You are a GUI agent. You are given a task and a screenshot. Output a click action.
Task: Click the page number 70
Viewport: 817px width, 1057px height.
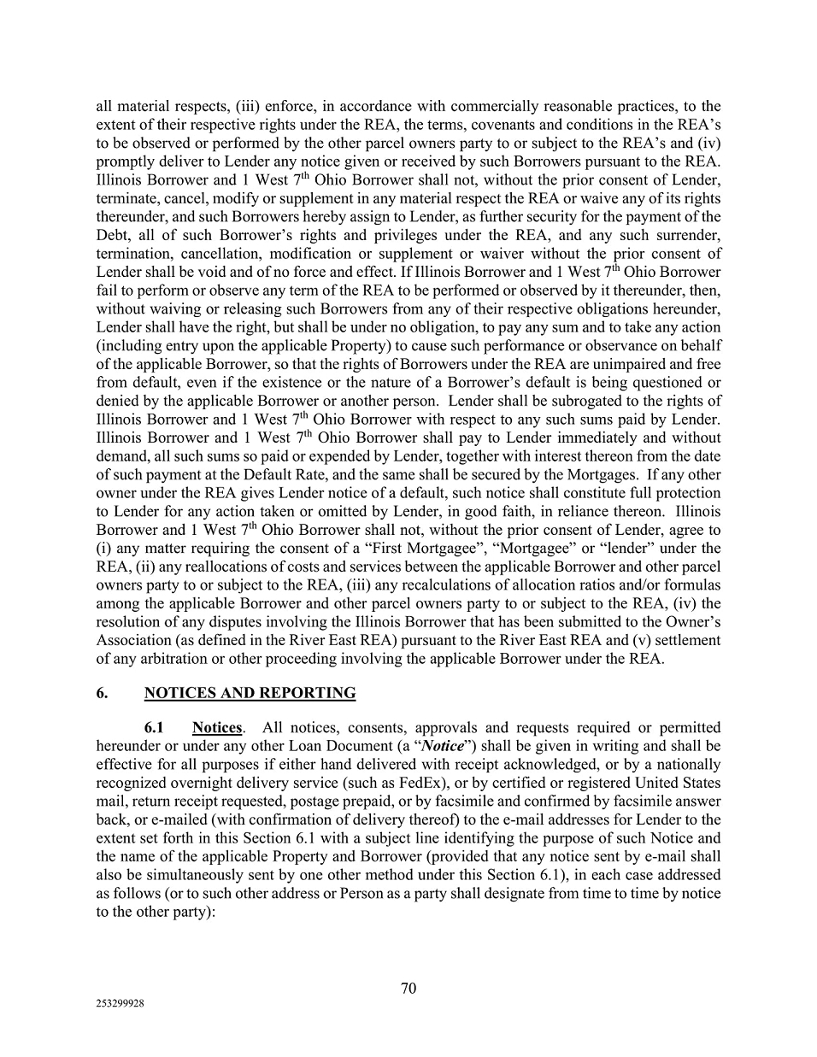tap(408, 989)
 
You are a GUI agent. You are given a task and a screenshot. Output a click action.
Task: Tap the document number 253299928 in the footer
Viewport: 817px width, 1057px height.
tap(120, 1005)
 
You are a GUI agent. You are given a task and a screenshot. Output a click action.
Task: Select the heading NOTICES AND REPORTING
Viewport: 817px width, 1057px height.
tap(250, 693)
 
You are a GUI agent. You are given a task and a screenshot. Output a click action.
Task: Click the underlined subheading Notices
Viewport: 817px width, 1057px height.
tap(217, 728)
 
